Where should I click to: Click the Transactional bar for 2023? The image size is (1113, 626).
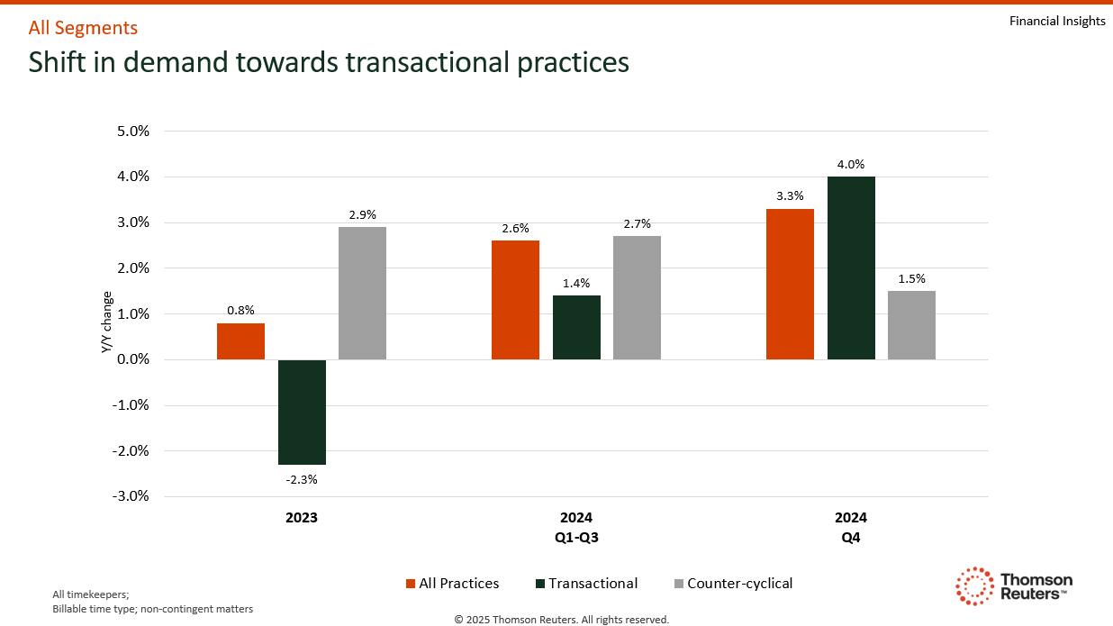[x=302, y=412]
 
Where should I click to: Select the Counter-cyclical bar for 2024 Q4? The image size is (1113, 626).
[x=911, y=325]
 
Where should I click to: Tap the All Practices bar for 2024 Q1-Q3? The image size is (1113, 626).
[x=515, y=300]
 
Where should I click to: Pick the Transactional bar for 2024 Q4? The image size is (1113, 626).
[x=851, y=268]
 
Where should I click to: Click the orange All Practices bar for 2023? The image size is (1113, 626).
[x=240, y=341]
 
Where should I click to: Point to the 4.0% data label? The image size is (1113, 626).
[x=851, y=165]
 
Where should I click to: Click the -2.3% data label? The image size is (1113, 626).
[x=302, y=479]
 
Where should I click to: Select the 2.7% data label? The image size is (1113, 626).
[x=637, y=223]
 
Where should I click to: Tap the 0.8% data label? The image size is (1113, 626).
[x=240, y=310]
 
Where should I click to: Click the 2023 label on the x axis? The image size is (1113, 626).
[x=302, y=518]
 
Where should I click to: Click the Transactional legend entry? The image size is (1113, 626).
[x=585, y=584]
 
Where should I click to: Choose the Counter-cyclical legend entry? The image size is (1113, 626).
[x=733, y=584]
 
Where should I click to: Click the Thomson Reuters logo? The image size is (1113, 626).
[x=1014, y=585]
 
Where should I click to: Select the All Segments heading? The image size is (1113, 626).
[x=83, y=28]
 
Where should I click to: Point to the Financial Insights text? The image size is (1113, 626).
[x=1057, y=21]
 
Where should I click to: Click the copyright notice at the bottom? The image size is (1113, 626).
[x=562, y=619]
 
